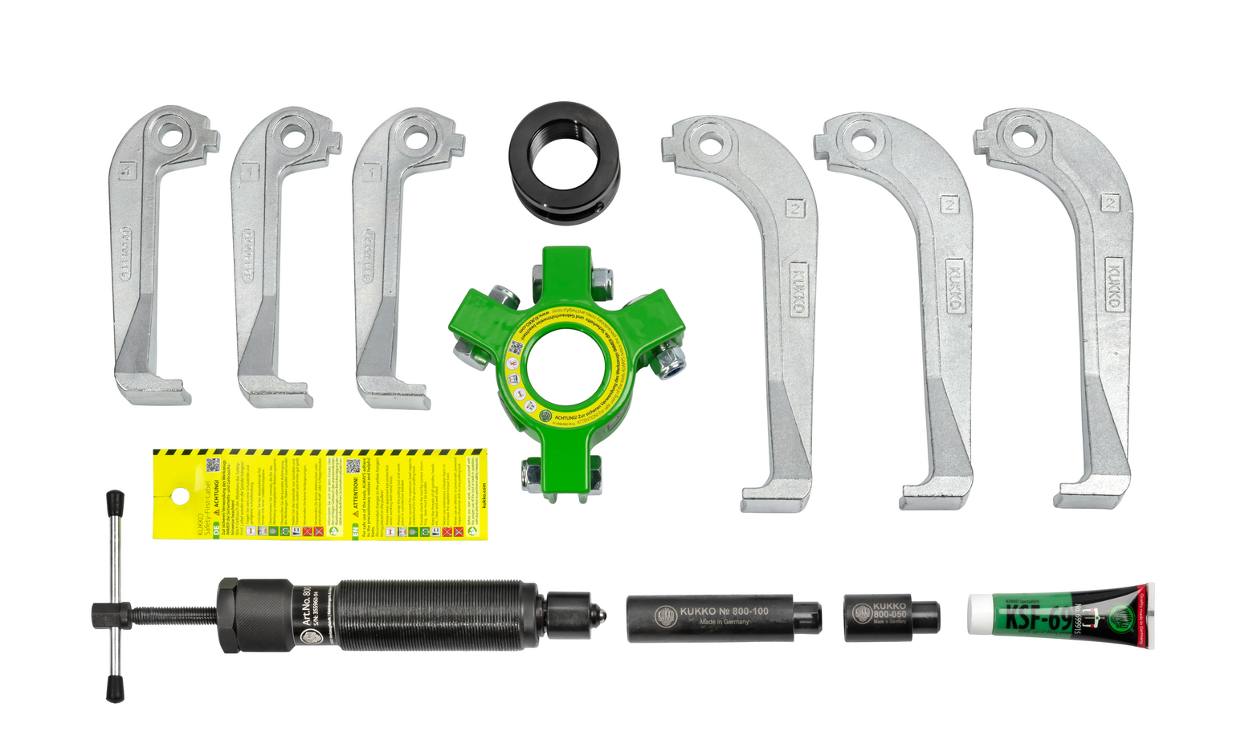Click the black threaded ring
564,164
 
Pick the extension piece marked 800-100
723,617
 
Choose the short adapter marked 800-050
890,617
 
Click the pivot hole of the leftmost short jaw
171,135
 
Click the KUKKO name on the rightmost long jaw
1113,285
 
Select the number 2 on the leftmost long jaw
794,209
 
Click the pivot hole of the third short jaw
415,136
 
